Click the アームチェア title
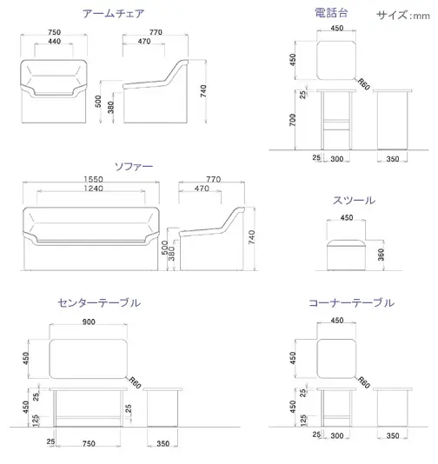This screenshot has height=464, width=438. pos(113,14)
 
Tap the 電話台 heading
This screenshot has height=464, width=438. pos(331,13)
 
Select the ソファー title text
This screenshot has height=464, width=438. pos(134,166)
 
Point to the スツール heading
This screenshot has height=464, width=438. pos(354,201)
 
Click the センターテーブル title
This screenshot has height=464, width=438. pos(99,302)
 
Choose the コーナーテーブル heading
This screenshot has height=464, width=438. pos(351,302)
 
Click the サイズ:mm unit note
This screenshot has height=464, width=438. pos(403,15)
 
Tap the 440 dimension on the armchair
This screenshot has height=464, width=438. pos(54,42)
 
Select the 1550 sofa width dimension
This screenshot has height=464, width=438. pos(93,179)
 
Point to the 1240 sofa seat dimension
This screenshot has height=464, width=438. pos(93,189)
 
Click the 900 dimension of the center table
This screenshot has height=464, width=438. pos(89,322)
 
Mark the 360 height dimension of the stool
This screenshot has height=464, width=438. pos(381,255)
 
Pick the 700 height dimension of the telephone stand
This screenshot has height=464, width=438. pos(292,120)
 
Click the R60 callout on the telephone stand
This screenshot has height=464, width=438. pos(364,84)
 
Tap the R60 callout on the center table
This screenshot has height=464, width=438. pos(135,383)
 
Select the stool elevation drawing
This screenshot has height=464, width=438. pos(346,255)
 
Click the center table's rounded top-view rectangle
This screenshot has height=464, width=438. pos(88,359)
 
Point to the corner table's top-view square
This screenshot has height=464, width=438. pos(336,359)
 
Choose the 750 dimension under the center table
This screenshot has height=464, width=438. pos(89,443)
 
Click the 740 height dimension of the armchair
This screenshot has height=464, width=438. pos(203,91)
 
